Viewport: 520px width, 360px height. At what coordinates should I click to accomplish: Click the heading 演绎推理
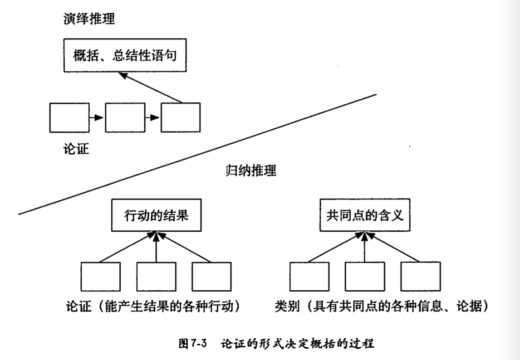[x=89, y=19]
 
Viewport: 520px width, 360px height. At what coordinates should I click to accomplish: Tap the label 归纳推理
[x=251, y=171]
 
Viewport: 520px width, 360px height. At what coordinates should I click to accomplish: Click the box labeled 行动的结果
[x=156, y=216]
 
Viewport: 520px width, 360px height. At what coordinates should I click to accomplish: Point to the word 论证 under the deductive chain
[x=76, y=149]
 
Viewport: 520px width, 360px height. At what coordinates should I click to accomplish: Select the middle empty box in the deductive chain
[x=124, y=117]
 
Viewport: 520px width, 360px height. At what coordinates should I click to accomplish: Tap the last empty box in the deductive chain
[x=180, y=117]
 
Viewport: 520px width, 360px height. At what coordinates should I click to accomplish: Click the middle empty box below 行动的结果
[x=156, y=277]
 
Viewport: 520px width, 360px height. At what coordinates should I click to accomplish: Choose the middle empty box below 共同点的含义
[x=364, y=277]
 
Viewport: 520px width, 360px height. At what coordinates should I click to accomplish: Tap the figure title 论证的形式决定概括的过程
[x=297, y=343]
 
